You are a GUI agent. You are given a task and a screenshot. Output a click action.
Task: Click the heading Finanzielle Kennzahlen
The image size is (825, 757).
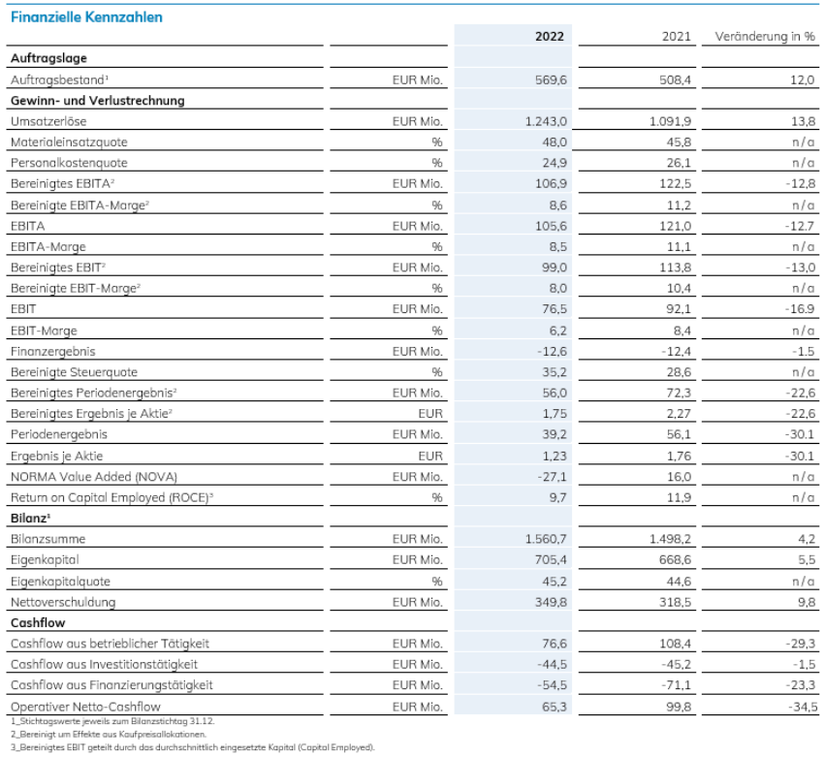86,17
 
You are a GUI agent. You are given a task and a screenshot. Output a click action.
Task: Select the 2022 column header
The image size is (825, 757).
550,36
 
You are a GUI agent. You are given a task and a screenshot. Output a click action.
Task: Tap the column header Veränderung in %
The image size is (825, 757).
765,36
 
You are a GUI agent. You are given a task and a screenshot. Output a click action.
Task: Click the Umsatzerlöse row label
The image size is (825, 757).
48,121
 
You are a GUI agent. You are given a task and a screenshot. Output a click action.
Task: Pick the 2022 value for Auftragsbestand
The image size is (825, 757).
551,79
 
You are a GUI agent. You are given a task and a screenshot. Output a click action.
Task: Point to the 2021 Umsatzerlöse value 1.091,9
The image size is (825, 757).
670,121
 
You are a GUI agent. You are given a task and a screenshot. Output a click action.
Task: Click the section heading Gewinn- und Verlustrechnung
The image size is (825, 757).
97,101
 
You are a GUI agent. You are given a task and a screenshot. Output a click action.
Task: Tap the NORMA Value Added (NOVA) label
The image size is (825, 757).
94,477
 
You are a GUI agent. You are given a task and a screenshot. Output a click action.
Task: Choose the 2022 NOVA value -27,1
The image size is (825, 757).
552,477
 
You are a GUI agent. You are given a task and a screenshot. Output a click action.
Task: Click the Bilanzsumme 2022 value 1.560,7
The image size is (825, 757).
546,539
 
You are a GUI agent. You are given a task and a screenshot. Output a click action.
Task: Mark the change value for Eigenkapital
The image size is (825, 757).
806,559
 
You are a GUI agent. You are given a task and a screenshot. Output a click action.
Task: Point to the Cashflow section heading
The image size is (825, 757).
38,623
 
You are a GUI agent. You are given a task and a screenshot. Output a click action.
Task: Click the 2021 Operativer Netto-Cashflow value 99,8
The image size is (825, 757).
679,707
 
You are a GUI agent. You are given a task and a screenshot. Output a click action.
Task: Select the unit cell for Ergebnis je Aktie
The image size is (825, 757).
430,457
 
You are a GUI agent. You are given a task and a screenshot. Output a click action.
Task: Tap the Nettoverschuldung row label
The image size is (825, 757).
63,602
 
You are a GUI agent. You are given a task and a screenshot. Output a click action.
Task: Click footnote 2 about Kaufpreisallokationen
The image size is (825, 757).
109,734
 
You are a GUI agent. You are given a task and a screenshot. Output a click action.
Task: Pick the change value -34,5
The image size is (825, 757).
803,707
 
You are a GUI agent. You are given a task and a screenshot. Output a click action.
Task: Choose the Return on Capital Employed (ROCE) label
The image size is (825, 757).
111,497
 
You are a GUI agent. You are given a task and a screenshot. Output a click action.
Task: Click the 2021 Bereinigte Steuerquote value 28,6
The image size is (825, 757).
679,372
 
